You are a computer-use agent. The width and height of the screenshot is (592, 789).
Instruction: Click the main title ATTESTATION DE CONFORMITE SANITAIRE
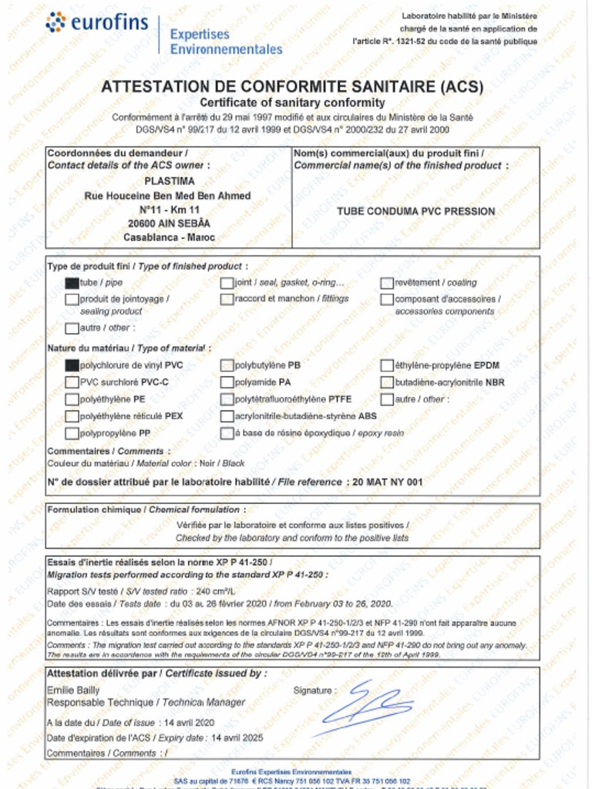292,86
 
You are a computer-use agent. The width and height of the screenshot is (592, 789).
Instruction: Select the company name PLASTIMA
167,182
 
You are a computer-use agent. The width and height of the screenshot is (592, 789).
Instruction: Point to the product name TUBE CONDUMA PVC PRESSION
415,210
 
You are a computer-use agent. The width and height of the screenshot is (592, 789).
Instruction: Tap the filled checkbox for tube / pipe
72,283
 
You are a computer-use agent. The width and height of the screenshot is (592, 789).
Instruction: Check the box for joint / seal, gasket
227,283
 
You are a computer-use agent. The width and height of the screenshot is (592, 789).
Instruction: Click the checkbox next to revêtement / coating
387,283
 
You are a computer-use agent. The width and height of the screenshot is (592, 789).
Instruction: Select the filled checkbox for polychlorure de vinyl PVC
72,365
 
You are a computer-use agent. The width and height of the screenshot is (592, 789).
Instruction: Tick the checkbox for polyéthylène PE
72,399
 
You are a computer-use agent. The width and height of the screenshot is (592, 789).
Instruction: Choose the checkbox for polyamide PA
227,382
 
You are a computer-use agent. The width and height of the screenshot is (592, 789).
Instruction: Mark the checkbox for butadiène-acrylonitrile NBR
387,382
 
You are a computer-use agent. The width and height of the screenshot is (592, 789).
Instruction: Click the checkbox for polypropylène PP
72,433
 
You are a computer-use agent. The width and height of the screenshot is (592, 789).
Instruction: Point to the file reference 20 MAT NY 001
388,482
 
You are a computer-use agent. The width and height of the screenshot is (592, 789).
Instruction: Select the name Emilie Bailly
73,690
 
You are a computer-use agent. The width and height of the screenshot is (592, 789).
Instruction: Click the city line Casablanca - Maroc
169,238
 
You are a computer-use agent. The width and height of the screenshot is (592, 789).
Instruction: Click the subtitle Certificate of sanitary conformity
292,102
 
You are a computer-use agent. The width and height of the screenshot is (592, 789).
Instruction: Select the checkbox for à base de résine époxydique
227,433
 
